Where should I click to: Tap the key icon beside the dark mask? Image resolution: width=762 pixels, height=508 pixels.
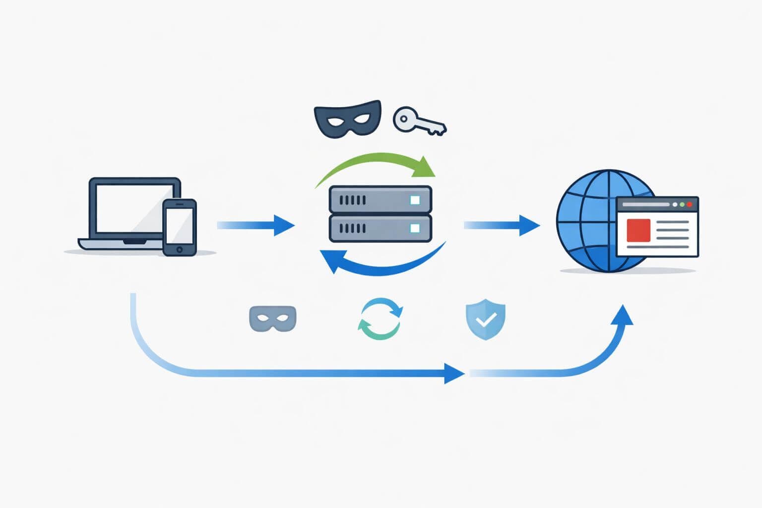419,121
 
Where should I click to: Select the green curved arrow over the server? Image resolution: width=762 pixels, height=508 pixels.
377,164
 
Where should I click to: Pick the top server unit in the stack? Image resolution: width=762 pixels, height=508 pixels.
380,200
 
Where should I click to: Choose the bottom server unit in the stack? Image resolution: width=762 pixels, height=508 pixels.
380,228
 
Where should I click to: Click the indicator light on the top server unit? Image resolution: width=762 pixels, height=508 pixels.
415,200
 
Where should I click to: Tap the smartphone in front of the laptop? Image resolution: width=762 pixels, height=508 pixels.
180,227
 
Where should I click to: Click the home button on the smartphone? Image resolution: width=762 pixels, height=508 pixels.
180,249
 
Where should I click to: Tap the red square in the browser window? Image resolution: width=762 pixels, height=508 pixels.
638,230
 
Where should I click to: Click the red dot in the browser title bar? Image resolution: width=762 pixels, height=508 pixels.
689,204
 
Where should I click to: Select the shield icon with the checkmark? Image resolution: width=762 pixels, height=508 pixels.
486,319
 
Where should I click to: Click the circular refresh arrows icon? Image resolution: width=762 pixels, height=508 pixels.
380,319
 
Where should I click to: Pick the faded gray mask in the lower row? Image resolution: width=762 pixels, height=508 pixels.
272,318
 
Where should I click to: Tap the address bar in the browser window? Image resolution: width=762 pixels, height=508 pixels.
645,204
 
